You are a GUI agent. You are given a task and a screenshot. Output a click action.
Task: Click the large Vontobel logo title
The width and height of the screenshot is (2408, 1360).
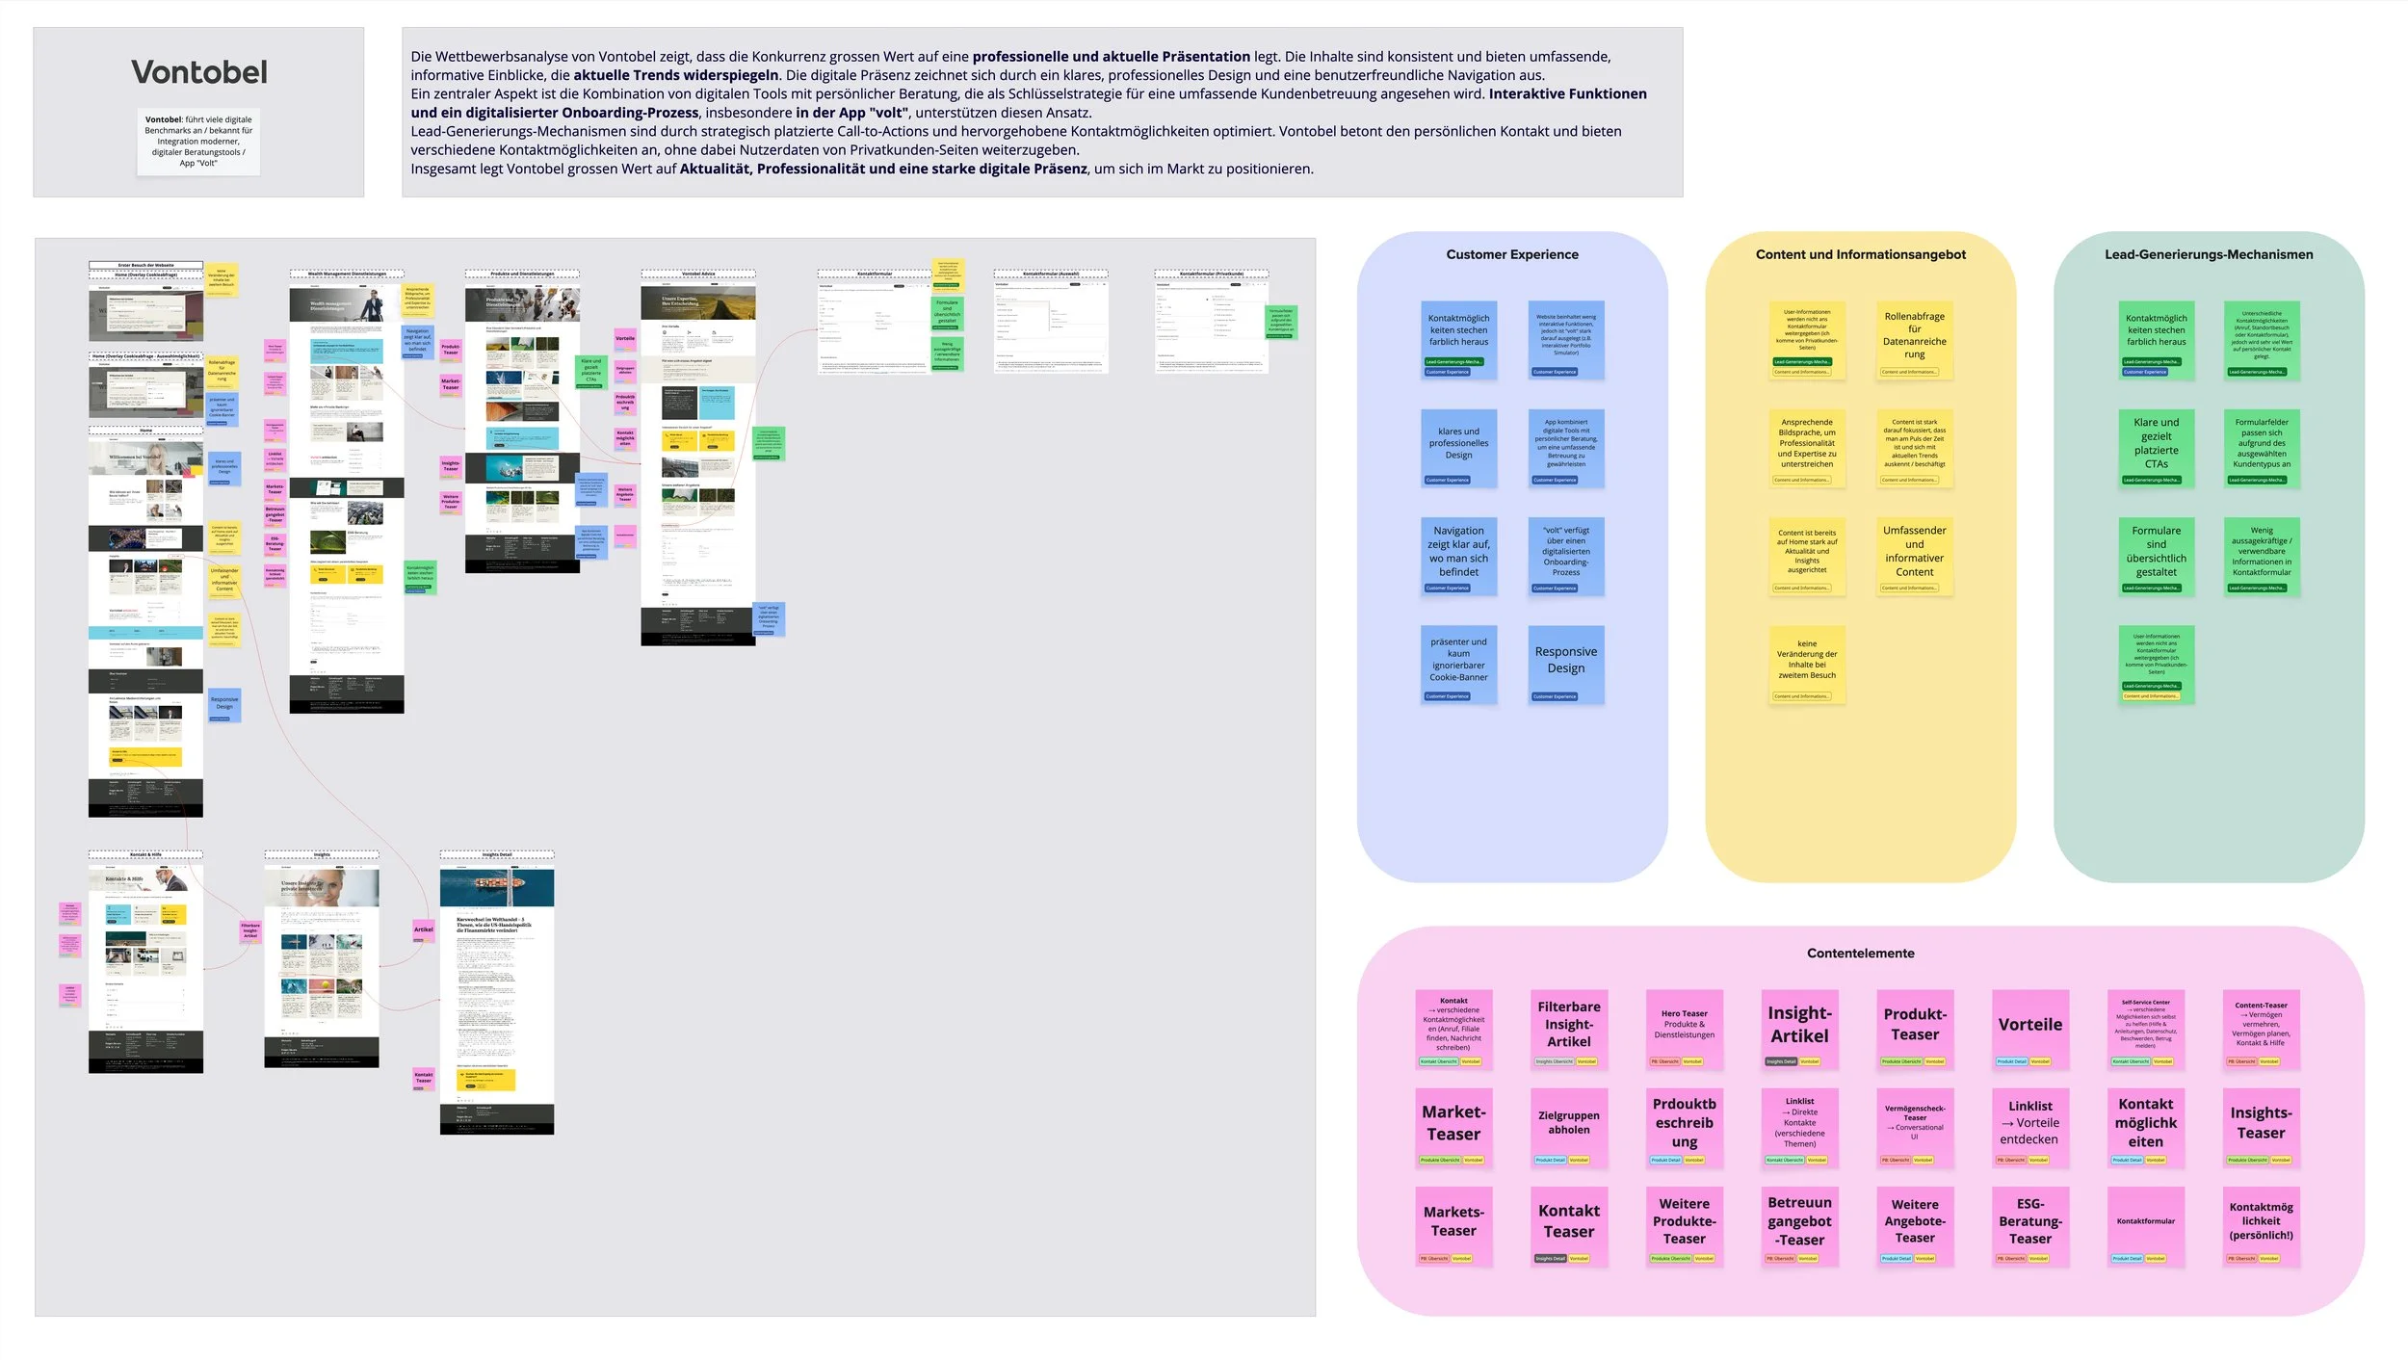(199, 72)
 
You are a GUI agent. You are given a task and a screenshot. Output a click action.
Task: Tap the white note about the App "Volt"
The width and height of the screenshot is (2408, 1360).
(198, 142)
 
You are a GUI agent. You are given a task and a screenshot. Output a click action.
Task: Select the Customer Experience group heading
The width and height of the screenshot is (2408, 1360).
(1511, 254)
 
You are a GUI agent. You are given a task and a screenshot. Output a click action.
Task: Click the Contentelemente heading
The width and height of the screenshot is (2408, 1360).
(1860, 953)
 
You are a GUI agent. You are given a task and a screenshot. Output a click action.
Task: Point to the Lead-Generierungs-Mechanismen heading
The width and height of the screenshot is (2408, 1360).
(2208, 254)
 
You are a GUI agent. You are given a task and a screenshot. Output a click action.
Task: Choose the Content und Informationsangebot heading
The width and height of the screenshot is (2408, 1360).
(1860, 254)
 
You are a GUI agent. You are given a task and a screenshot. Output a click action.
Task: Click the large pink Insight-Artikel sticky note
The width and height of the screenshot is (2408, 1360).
(1798, 1027)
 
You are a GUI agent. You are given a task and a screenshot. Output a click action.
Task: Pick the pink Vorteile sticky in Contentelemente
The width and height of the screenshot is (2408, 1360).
(2029, 1027)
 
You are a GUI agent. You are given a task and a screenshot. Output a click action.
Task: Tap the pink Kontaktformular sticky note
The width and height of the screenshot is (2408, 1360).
(2145, 1223)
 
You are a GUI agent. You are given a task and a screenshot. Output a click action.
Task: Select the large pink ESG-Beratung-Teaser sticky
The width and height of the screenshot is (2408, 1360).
(2029, 1223)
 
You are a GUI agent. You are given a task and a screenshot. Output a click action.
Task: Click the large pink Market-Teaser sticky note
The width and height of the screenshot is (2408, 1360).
(1453, 1125)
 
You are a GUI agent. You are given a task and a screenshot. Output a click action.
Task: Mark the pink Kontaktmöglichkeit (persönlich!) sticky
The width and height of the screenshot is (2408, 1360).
(2261, 1223)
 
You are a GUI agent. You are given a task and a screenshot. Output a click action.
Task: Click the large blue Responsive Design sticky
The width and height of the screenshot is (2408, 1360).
(1565, 663)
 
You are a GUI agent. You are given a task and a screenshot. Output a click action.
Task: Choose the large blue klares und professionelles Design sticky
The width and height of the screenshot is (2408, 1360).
(1458, 445)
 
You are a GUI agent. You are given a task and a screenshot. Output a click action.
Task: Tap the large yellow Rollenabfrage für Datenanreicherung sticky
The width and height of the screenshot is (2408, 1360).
(1914, 337)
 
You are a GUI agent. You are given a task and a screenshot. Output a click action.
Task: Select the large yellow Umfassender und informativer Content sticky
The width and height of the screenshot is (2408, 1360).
(1914, 554)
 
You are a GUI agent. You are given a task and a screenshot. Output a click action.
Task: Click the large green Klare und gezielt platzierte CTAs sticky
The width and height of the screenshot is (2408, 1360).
(2156, 445)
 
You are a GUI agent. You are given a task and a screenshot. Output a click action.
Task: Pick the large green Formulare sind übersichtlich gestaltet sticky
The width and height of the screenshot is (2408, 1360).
(2156, 554)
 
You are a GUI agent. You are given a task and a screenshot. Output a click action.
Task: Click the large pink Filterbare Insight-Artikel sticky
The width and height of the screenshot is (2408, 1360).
(1568, 1027)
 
